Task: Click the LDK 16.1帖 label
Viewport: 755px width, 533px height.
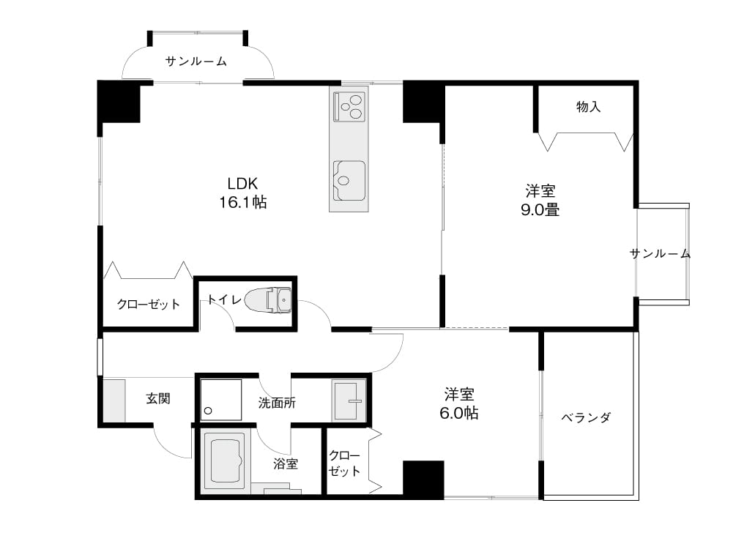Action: tap(242, 193)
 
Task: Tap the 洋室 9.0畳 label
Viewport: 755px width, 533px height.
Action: tap(540, 201)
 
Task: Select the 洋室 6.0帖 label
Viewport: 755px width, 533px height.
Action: tap(459, 403)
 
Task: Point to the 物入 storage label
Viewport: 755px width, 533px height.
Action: tap(588, 106)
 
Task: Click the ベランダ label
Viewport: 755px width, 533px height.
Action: tap(586, 417)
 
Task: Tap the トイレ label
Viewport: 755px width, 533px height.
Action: tap(224, 299)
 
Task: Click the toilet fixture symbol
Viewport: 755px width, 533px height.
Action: tap(268, 300)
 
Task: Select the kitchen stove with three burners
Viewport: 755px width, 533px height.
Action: tap(349, 106)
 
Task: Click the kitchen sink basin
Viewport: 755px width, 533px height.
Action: tap(349, 181)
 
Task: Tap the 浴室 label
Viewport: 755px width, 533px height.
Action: tap(286, 463)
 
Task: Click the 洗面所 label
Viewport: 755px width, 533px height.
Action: tap(277, 403)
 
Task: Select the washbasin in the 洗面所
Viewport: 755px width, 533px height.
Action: tap(349, 400)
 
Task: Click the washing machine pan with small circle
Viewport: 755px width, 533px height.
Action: tap(221, 400)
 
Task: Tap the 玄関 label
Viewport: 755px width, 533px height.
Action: tap(158, 398)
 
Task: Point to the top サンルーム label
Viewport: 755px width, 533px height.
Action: tap(196, 61)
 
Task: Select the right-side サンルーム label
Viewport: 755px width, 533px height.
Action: tap(660, 253)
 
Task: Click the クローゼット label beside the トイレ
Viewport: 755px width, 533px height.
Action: tap(149, 304)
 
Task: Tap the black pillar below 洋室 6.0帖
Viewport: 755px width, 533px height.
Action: tap(423, 480)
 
